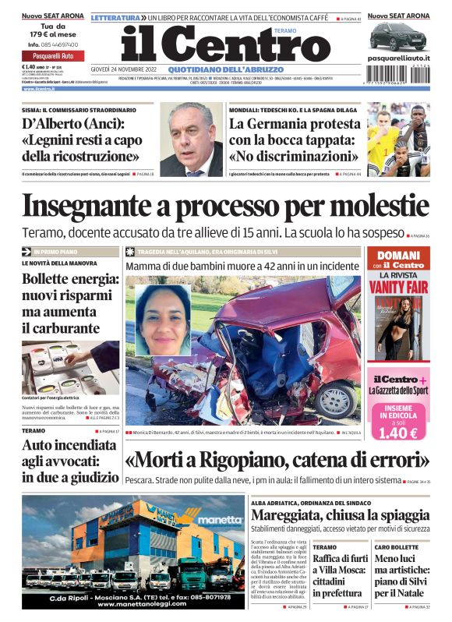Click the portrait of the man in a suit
click(191, 140)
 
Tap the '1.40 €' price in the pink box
click(398, 433)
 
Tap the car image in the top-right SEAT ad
click(398, 35)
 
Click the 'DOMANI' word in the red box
click(399, 255)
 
